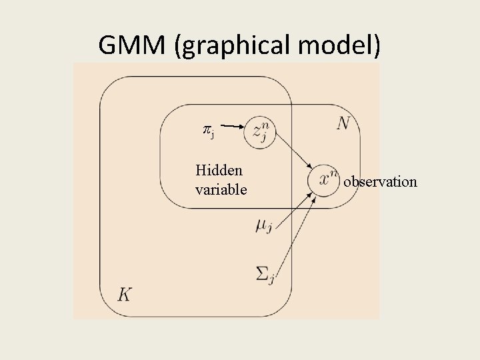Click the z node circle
coord(259,133)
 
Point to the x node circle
coord(325,179)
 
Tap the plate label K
coord(125,294)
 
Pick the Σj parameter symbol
coord(264,273)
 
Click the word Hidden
coord(219,170)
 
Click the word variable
coord(221,190)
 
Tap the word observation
coord(380,181)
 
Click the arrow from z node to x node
coord(293,151)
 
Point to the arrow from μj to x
coord(294,210)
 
